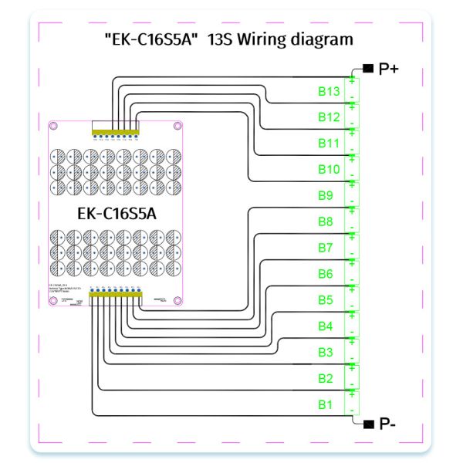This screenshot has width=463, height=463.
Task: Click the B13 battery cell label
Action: [x=329, y=91]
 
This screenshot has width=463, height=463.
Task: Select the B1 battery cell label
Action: [x=326, y=404]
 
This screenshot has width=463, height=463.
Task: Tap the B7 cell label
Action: [x=326, y=248]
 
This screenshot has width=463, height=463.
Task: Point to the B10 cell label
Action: [x=329, y=169]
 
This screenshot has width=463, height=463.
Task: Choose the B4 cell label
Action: [x=326, y=326]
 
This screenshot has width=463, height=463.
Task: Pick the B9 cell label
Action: [x=326, y=195]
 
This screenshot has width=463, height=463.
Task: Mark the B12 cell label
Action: [x=329, y=117]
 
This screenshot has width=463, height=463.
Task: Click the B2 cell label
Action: [x=326, y=378]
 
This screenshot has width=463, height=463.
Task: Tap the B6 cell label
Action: [x=326, y=274]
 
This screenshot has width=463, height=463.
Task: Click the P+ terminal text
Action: [x=388, y=69]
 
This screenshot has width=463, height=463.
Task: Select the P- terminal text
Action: [x=387, y=424]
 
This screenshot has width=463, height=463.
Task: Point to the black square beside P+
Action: [x=368, y=69]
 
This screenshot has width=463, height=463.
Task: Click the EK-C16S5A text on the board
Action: [x=117, y=214]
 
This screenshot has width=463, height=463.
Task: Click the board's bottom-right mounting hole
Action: [x=177, y=299]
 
